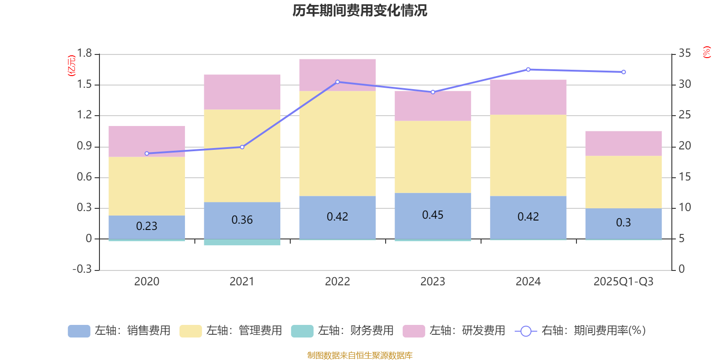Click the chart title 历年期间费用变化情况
(x=360, y=10)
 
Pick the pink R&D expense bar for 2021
(x=242, y=92)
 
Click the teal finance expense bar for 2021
(x=242, y=243)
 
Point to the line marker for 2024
(x=528, y=69)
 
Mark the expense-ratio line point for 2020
(x=147, y=153)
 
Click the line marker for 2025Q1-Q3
(x=623, y=72)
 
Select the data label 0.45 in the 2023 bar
(x=432, y=215)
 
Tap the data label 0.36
(x=242, y=220)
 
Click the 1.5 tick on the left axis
(x=84, y=85)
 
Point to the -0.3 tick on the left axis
(x=82, y=269)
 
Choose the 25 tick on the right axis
(x=684, y=115)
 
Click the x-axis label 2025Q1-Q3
(x=623, y=282)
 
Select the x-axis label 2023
(x=432, y=282)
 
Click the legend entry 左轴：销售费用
(x=119, y=331)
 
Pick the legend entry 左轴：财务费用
(x=342, y=331)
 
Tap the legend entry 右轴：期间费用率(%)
(x=580, y=331)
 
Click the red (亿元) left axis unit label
(x=71, y=66)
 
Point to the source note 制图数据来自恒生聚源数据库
(x=360, y=355)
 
